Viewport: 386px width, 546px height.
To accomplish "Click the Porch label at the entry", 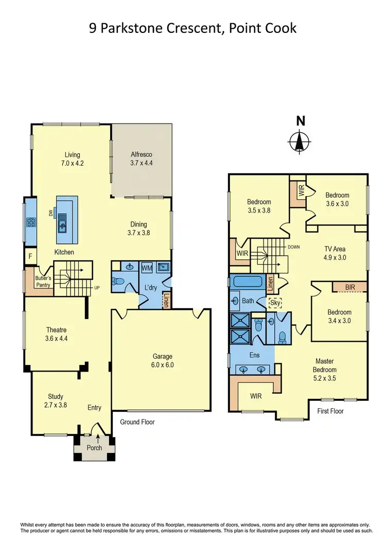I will coord(95,448).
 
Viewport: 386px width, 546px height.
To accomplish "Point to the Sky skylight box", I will coord(275,302).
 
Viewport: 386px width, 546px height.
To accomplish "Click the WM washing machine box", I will coord(147,268).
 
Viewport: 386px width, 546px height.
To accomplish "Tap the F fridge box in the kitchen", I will coord(30,256).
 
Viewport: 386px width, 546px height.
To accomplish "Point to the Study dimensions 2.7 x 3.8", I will coord(56,404).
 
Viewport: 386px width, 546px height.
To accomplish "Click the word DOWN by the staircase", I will coord(294,247).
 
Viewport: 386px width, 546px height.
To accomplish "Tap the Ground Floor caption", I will coord(137,422).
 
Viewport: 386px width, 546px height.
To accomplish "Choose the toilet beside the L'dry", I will coord(120,282).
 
